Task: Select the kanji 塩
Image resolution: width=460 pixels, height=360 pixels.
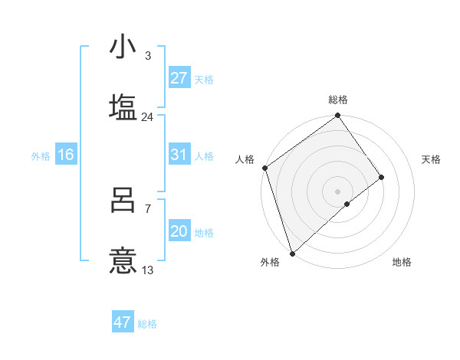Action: (123, 106)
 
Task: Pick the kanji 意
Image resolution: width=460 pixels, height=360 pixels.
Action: (123, 260)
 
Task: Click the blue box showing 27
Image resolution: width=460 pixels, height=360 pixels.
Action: (179, 78)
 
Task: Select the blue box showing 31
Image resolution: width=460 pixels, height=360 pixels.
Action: (179, 155)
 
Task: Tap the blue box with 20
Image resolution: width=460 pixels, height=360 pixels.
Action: (179, 231)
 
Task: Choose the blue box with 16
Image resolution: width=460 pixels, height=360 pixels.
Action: (66, 155)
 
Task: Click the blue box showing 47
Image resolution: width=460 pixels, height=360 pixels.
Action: (123, 322)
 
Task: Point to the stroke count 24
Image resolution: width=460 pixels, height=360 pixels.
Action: (147, 117)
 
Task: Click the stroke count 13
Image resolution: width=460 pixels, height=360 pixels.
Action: (147, 270)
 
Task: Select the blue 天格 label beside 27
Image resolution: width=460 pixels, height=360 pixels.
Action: (203, 80)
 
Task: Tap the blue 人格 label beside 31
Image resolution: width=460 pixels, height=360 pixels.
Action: (203, 156)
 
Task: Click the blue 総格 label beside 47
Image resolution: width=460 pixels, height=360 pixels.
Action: (147, 324)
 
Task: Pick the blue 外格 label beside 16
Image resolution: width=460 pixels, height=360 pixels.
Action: (41, 156)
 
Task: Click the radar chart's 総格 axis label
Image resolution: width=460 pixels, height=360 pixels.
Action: (338, 100)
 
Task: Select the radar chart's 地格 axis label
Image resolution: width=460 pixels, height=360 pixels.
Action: (402, 262)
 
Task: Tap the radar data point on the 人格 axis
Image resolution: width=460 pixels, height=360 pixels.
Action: (264, 168)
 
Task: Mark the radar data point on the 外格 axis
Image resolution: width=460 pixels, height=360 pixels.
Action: (292, 253)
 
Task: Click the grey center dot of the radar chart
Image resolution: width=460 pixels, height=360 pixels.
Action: (338, 191)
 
